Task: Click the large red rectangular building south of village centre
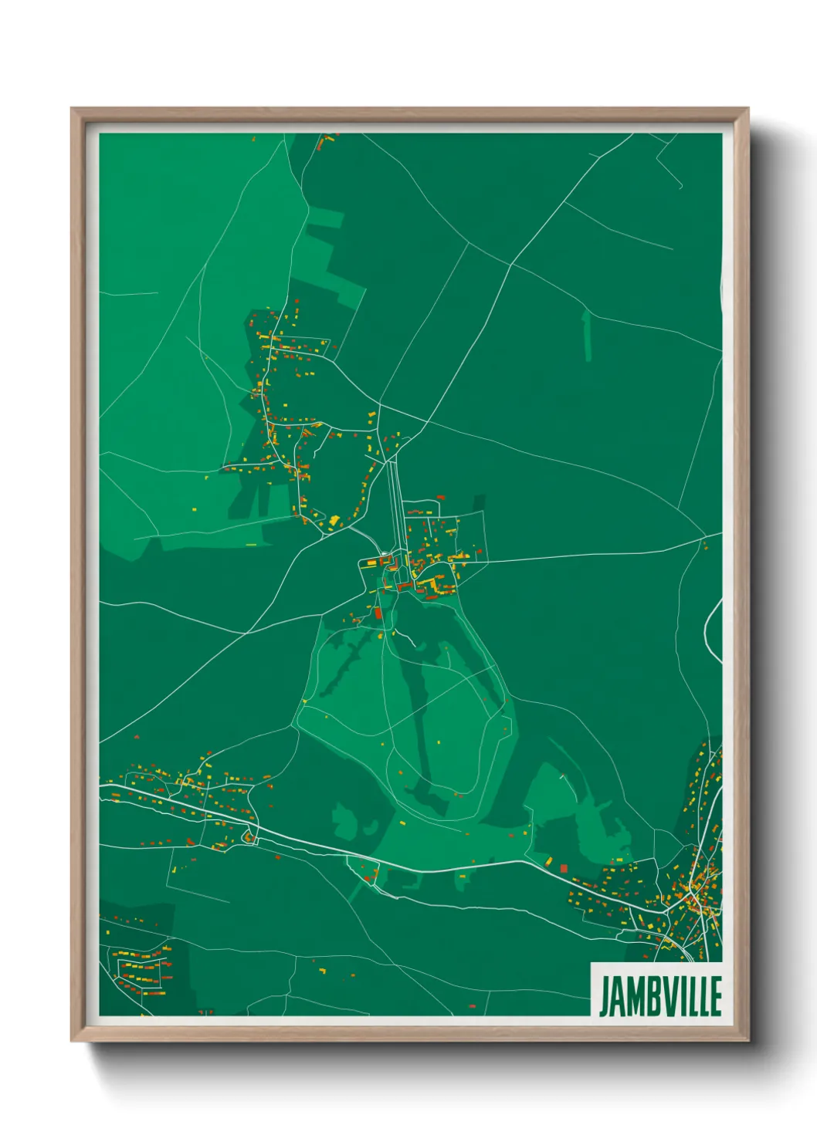[x=378, y=613]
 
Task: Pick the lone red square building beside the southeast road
[x=563, y=868]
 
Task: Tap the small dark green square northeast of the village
[x=479, y=502]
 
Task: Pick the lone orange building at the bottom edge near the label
[x=473, y=1006]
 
